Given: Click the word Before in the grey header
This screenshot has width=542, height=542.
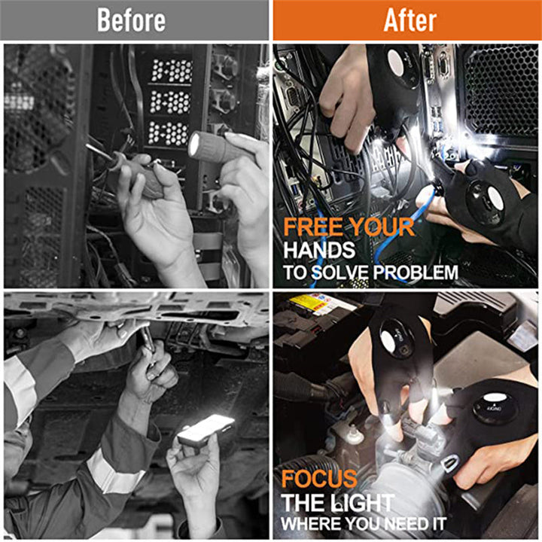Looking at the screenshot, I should (x=131, y=20).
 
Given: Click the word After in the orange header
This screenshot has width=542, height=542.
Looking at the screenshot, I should (x=410, y=20).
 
